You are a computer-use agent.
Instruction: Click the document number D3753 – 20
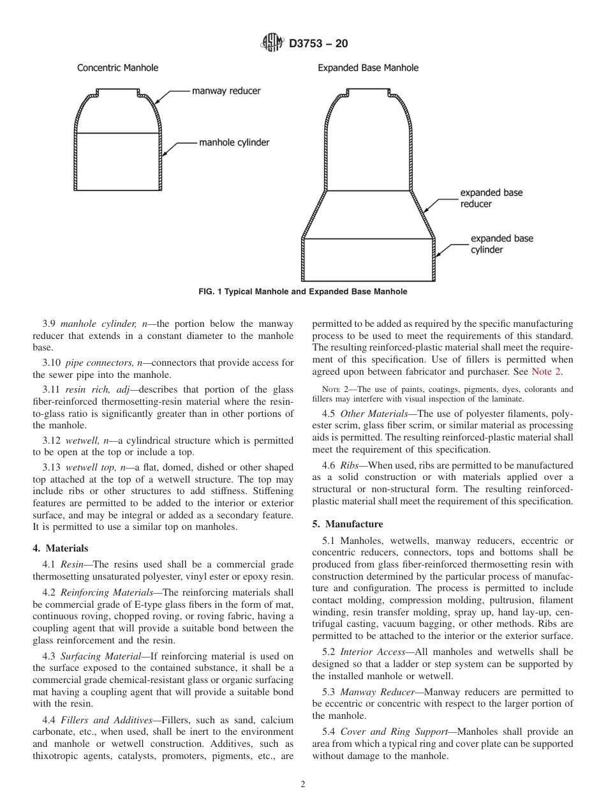coord(318,44)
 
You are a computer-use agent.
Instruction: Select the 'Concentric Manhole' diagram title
coord(117,68)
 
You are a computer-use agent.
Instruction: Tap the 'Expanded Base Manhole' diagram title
coord(368,68)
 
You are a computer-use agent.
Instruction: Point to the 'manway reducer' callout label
coord(226,91)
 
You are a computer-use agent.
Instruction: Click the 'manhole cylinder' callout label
coord(234,143)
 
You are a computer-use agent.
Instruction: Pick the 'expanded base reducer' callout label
coord(491,199)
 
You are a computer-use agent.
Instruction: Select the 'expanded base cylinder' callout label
coord(501,244)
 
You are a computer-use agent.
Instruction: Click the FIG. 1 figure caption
coord(303,292)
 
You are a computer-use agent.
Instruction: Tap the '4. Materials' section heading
coord(61,548)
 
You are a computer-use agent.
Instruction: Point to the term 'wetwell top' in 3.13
coord(89,467)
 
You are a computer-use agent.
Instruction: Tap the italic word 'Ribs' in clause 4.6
coord(351,466)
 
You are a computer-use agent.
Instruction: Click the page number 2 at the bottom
coord(303,785)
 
